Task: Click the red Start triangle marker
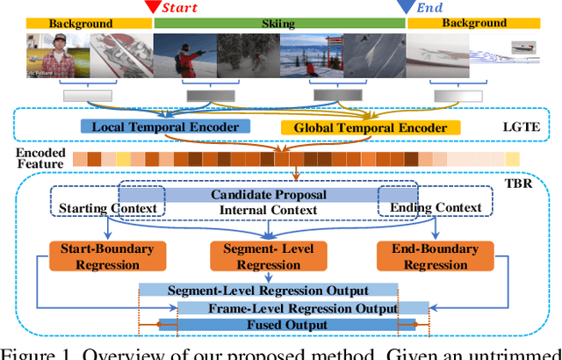[152, 8]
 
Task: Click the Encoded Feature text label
[39, 159]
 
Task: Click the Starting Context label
[108, 208]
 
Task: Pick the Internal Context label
[269, 210]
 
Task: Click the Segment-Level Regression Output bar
[268, 291]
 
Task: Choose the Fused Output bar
[287, 325]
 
